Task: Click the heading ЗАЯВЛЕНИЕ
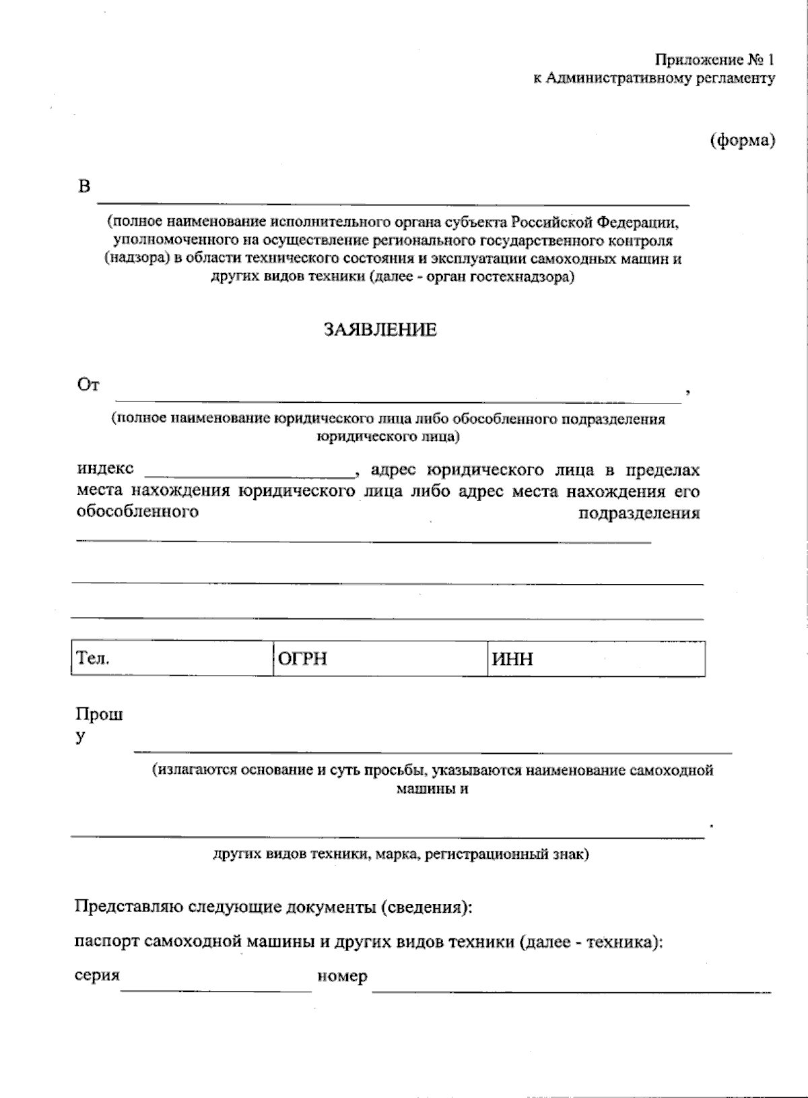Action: click(380, 330)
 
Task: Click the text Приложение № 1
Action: click(715, 60)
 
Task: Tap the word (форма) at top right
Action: click(743, 140)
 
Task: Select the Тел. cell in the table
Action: click(172, 658)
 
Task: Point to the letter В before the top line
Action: click(84, 186)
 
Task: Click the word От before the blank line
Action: click(88, 385)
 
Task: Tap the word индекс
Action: click(105, 468)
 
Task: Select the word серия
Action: click(97, 975)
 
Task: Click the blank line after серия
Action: click(215, 988)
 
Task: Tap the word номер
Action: click(342, 976)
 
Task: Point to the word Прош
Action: click(99, 715)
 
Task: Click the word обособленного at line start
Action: click(137, 511)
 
